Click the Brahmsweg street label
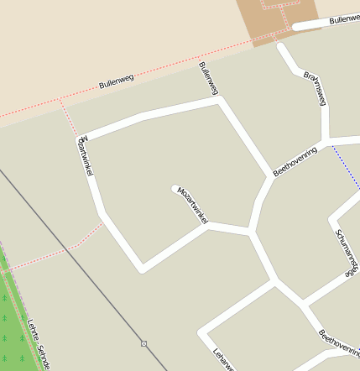(315, 87)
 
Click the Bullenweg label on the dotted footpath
(116, 81)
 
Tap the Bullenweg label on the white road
(343, 18)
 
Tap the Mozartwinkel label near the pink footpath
(84, 154)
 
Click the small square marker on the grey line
(143, 343)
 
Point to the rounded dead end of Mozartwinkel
(175, 189)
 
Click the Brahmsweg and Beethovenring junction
(326, 139)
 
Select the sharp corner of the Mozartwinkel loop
(142, 269)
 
